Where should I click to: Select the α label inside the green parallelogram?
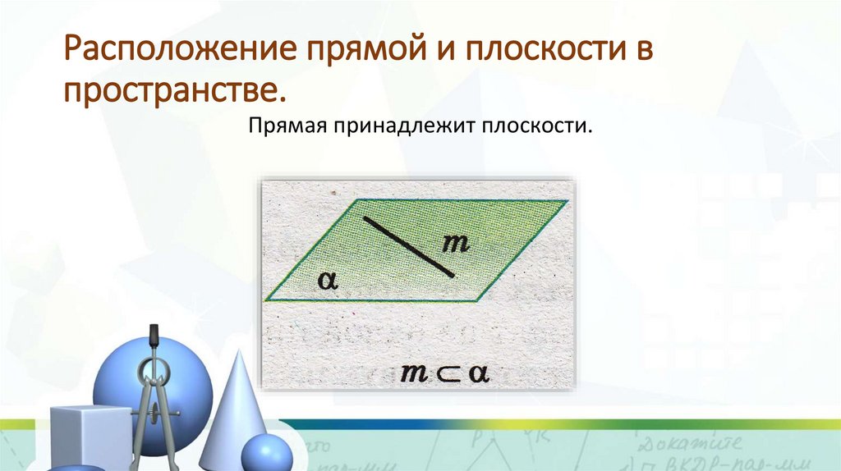click(x=329, y=281)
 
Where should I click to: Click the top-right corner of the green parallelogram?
click(x=567, y=201)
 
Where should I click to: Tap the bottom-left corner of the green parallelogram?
click(x=265, y=301)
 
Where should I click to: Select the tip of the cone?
click(x=240, y=352)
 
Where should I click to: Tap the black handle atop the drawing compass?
click(x=153, y=336)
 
